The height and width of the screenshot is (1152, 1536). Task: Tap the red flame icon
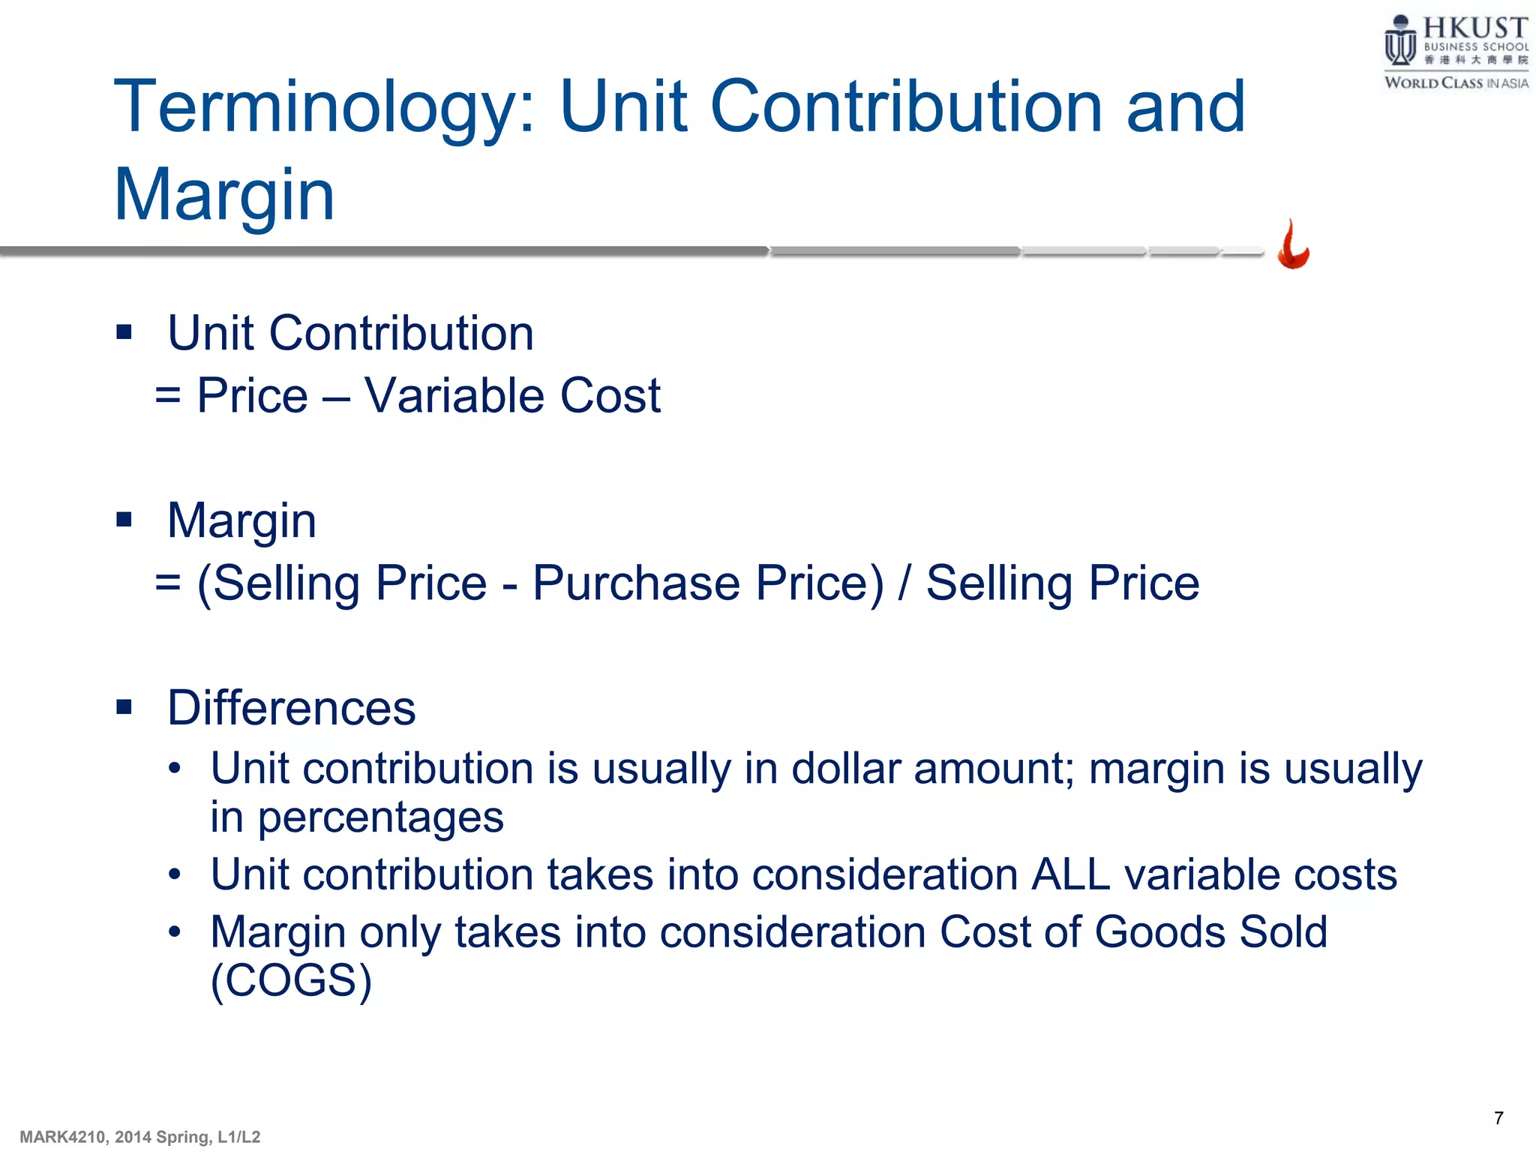pyautogui.click(x=1293, y=245)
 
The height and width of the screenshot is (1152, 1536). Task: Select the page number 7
pyautogui.click(x=1498, y=1118)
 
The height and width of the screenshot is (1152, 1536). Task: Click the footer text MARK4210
pyautogui.click(x=64, y=1137)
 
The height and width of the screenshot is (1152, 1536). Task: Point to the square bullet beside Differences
pyautogui.click(x=124, y=706)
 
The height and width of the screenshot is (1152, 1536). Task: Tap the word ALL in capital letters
pyautogui.click(x=1070, y=874)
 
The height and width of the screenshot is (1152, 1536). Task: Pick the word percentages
pyautogui.click(x=380, y=817)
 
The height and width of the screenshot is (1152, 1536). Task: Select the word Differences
pyautogui.click(x=291, y=707)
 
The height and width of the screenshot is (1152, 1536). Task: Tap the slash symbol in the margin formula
pyautogui.click(x=905, y=583)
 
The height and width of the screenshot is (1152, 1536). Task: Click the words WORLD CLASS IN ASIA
pyautogui.click(x=1456, y=83)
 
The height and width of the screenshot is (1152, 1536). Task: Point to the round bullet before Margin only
pyautogui.click(x=175, y=932)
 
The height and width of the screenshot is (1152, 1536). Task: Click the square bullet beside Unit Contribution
pyautogui.click(x=124, y=331)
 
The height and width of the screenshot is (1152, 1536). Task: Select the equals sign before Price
pyautogui.click(x=168, y=395)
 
